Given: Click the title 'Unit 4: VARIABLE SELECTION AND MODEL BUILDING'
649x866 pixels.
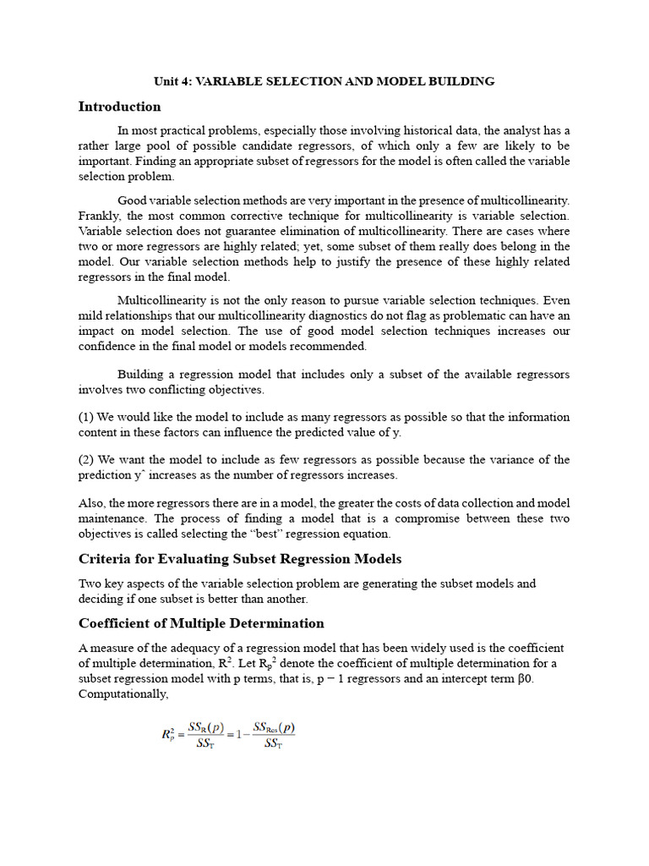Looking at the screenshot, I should click(324, 81).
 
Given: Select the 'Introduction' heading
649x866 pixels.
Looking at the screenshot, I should click(119, 107).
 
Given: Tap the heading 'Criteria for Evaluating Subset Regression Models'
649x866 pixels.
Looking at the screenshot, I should click(240, 559).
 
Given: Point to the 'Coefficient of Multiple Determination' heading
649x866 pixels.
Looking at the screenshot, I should click(201, 623).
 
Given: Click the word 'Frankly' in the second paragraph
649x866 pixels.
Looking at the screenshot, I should click(99, 216).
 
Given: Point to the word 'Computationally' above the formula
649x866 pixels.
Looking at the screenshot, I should click(123, 694).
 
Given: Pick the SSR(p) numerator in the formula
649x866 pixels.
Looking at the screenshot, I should click(205, 727).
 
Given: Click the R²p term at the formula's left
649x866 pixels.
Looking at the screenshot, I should click(169, 735).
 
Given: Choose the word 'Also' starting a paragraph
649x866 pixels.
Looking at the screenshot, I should click(91, 503).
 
